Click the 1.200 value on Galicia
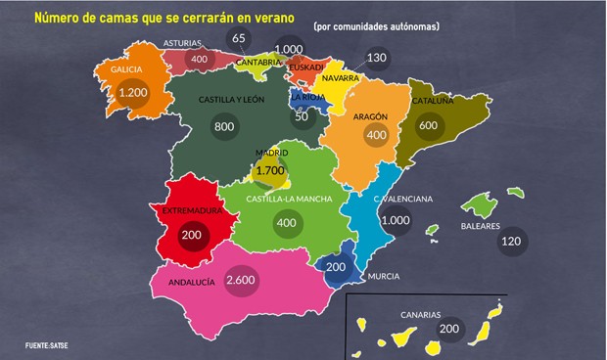131,93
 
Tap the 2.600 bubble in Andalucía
240,281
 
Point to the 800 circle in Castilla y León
223,126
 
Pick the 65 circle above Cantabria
239,38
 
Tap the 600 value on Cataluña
427,125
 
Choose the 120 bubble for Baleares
510,241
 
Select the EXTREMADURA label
190,209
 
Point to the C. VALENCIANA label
402,199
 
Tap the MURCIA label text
383,277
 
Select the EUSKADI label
306,67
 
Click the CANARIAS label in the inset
422,315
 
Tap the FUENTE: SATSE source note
46,344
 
